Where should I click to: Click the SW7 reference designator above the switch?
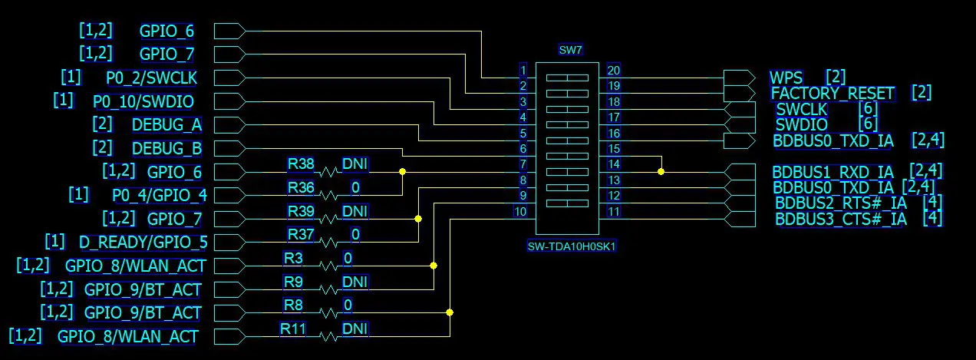pyautogui.click(x=571, y=51)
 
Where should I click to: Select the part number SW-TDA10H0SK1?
pyautogui.click(x=572, y=247)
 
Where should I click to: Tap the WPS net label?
pyautogui.click(x=786, y=78)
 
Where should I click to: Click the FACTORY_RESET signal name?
pyautogui.click(x=833, y=94)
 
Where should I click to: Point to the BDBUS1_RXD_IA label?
pyautogui.click(x=833, y=172)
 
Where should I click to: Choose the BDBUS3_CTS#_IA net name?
pyautogui.click(x=840, y=220)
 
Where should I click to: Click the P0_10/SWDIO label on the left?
pyautogui.click(x=143, y=101)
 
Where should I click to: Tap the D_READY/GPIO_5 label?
pyautogui.click(x=143, y=243)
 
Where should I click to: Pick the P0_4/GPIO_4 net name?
pyautogui.click(x=160, y=195)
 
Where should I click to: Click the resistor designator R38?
pyautogui.click(x=301, y=163)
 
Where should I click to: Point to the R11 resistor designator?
pyautogui.click(x=292, y=329)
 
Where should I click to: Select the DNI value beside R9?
pyautogui.click(x=354, y=282)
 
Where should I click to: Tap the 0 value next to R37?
pyautogui.click(x=355, y=234)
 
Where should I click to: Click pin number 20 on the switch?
pyautogui.click(x=613, y=70)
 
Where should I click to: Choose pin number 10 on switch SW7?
pyautogui.click(x=521, y=212)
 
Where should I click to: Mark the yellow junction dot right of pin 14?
pyautogui.click(x=661, y=172)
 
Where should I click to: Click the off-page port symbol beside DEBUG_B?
pyautogui.click(x=229, y=148)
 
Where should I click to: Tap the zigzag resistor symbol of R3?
pyautogui.click(x=328, y=266)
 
